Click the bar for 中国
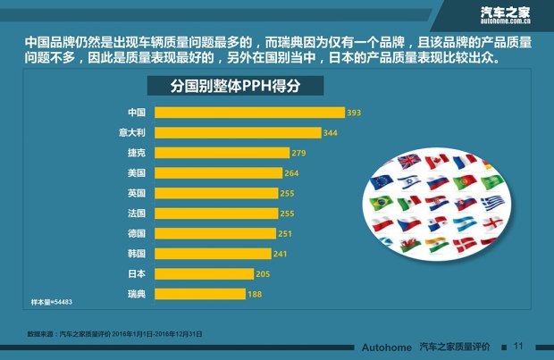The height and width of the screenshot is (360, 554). [x=249, y=113]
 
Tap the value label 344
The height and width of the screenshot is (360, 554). [x=330, y=132]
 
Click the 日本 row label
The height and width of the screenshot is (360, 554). [x=137, y=273]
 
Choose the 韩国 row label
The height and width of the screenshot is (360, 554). [x=137, y=253]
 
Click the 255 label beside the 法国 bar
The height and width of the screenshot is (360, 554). [x=287, y=213]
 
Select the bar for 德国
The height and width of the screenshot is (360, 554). [x=214, y=233]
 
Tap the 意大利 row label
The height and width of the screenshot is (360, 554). [x=133, y=132]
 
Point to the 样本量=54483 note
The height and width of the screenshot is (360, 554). [x=52, y=303]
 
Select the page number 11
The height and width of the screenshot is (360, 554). [x=517, y=346]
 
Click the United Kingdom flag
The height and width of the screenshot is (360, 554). [x=408, y=162]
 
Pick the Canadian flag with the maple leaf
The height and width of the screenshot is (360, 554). [x=436, y=162]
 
